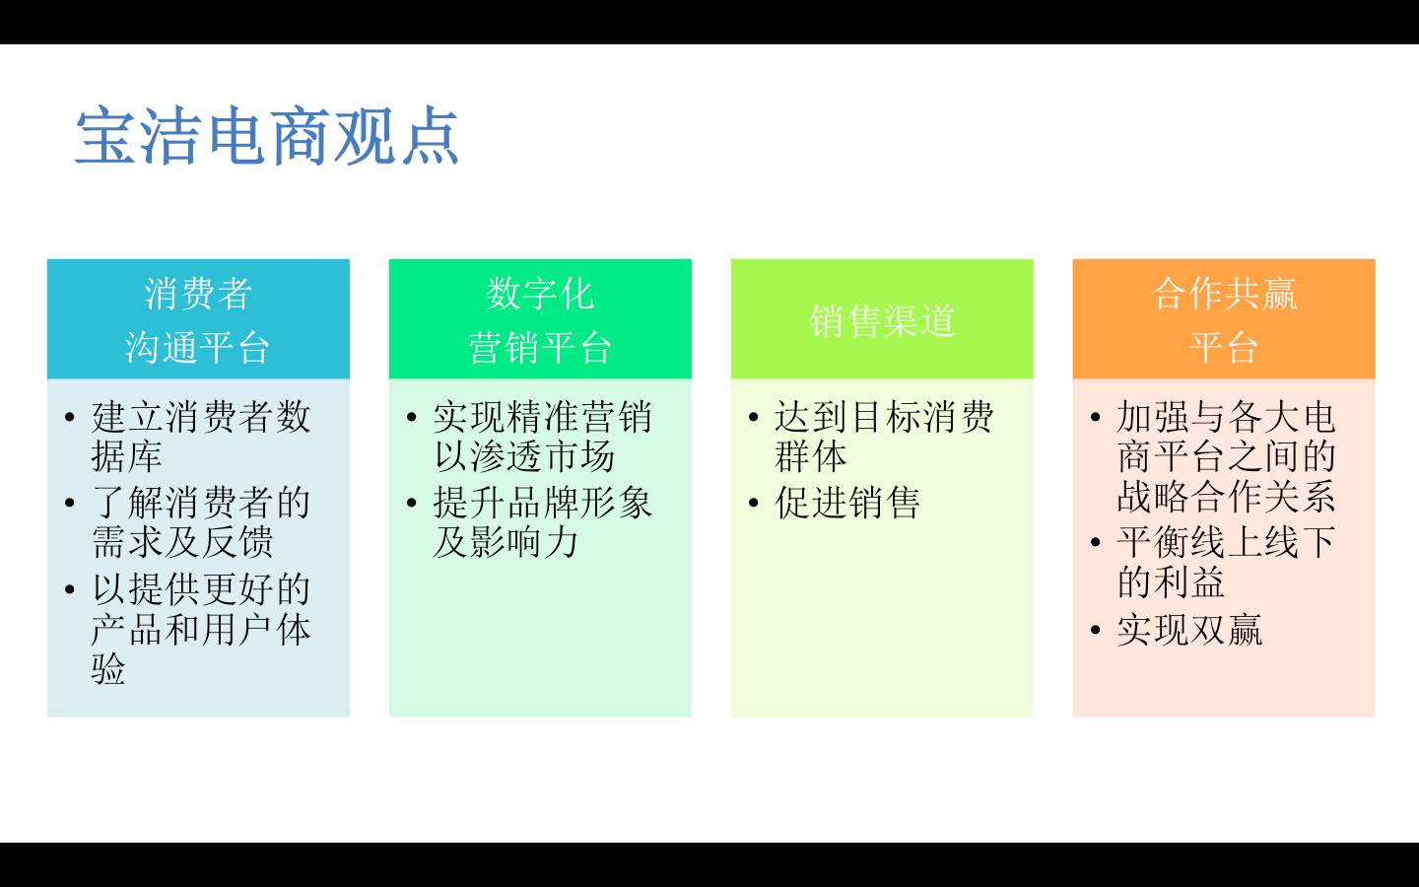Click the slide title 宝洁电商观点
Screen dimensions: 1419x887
267,136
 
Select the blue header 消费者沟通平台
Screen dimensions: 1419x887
198,320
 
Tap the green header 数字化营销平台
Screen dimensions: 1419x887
540,320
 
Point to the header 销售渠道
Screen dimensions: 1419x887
882,320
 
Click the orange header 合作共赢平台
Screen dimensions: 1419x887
1224,320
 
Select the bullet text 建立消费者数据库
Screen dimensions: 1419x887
201,436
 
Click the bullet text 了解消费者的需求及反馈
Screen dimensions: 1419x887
201,522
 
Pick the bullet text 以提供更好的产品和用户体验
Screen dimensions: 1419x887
201,629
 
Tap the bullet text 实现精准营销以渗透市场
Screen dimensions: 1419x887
543,436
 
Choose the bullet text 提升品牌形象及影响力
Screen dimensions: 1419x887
543,522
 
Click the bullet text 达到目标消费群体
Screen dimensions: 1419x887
884,436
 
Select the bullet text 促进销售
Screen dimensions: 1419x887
847,503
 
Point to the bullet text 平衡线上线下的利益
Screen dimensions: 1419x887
1227,562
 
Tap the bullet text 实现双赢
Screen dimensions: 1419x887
1189,630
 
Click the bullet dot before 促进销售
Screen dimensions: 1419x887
753,503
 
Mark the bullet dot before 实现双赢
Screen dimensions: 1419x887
1096,630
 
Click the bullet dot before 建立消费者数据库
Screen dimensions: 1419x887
70,417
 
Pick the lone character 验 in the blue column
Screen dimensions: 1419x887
108,668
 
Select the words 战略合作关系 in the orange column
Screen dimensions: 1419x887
1227,496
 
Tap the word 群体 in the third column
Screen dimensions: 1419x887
811,456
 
